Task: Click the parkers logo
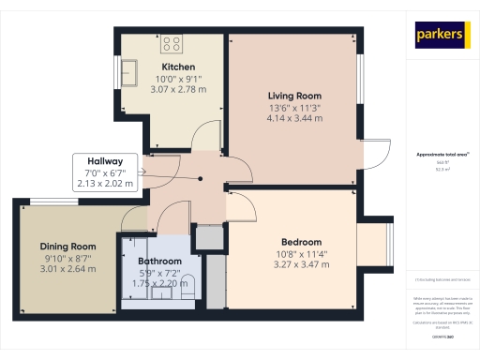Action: (439, 36)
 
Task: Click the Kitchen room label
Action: (177, 67)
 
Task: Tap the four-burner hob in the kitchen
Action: (172, 43)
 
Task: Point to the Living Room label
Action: (294, 96)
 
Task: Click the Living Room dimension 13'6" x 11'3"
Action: (294, 108)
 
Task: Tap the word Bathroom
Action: (159, 262)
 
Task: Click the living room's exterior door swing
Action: (378, 155)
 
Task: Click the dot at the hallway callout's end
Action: (142, 172)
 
